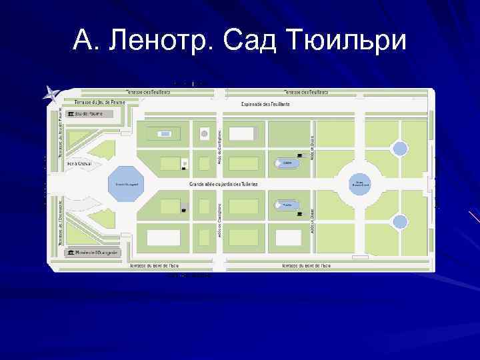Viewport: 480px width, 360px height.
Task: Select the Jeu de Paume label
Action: click(89, 114)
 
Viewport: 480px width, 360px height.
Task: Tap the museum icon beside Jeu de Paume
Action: click(71, 114)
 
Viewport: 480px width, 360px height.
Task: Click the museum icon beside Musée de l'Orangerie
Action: click(71, 253)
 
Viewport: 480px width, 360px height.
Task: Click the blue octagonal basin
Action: click(125, 183)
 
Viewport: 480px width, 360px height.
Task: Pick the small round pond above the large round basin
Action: click(399, 149)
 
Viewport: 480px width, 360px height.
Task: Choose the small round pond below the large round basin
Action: click(399, 222)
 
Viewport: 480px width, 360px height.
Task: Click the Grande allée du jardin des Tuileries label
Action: click(223, 183)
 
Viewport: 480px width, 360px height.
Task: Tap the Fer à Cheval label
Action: click(81, 163)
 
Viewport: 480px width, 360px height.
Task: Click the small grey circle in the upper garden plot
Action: click(204, 134)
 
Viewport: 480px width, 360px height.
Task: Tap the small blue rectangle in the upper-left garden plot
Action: click(165, 134)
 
